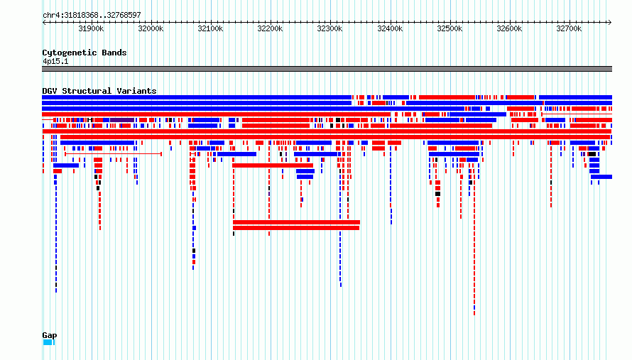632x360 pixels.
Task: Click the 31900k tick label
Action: point(91,28)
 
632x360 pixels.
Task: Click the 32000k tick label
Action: point(151,28)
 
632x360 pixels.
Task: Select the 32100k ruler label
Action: point(210,28)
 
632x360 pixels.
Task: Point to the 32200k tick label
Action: point(270,28)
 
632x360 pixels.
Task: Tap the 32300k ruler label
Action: point(329,28)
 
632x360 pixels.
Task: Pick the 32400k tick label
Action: point(390,28)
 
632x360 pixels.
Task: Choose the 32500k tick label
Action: point(450,28)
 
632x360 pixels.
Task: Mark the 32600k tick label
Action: point(509,28)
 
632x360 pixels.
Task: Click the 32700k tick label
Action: point(569,28)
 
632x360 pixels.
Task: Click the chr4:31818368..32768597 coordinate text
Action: point(92,16)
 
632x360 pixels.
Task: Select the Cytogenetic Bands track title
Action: point(85,53)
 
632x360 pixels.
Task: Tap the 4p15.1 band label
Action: point(55,61)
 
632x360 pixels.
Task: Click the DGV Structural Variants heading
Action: point(99,91)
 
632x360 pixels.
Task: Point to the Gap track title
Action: point(50,335)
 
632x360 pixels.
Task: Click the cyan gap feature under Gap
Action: point(49,342)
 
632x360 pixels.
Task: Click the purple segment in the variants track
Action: point(122,120)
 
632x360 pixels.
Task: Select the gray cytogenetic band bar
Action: point(327,69)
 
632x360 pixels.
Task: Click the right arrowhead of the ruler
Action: point(610,22)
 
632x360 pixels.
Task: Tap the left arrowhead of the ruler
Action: point(44,22)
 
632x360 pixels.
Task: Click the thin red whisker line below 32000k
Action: point(113,154)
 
